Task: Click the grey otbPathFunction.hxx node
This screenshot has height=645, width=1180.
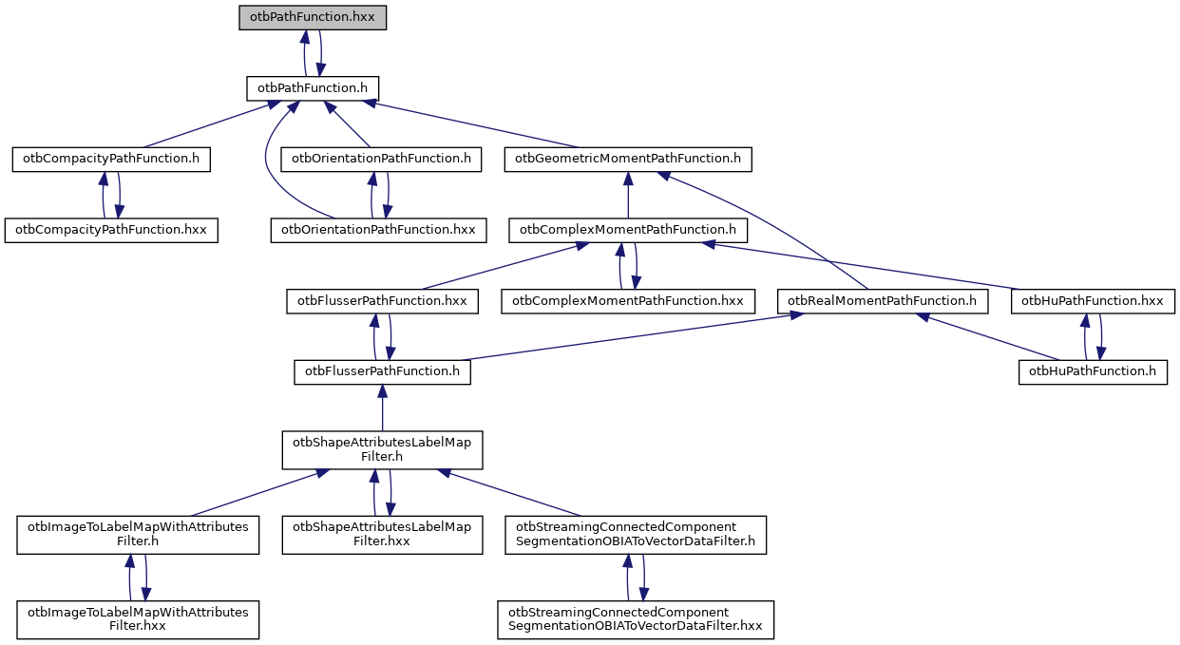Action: [313, 17]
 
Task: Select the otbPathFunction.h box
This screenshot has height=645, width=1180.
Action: [313, 88]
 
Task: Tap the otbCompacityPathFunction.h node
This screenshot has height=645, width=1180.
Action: [111, 159]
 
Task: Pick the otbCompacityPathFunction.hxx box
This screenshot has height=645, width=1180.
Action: [111, 230]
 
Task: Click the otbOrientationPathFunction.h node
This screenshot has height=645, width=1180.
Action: [381, 159]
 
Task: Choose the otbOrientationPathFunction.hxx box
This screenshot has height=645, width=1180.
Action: [378, 230]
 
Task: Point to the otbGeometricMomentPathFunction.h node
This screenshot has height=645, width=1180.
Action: [628, 159]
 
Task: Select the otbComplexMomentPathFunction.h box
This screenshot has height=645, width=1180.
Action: [628, 230]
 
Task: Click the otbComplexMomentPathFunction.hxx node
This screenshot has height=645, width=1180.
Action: [628, 301]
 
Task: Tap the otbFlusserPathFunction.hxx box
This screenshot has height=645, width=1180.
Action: [382, 301]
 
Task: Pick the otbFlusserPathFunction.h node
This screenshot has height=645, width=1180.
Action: [382, 371]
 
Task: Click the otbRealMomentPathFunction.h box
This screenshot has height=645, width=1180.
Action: [883, 301]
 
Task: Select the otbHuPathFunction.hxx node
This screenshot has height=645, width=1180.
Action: [1094, 301]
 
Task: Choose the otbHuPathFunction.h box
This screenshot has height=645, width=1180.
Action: [1093, 371]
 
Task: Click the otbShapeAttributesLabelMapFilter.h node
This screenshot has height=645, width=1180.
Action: [382, 449]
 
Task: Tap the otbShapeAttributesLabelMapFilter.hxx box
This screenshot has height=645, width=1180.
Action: [382, 534]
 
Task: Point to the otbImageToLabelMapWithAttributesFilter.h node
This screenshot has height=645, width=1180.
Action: [139, 534]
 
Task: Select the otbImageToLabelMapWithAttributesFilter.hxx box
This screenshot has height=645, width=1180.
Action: [139, 619]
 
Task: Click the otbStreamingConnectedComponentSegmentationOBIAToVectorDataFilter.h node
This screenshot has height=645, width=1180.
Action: [635, 534]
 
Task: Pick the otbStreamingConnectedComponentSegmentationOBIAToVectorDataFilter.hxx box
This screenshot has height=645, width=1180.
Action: [636, 619]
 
